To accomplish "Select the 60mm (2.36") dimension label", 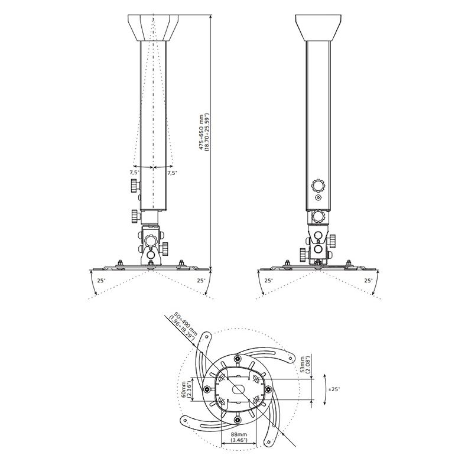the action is point(187,389).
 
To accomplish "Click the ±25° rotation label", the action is point(334,389).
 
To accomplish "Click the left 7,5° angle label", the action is point(135,173).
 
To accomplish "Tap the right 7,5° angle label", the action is point(172,173).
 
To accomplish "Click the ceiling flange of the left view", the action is point(153,28).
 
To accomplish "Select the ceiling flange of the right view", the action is point(318,28).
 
